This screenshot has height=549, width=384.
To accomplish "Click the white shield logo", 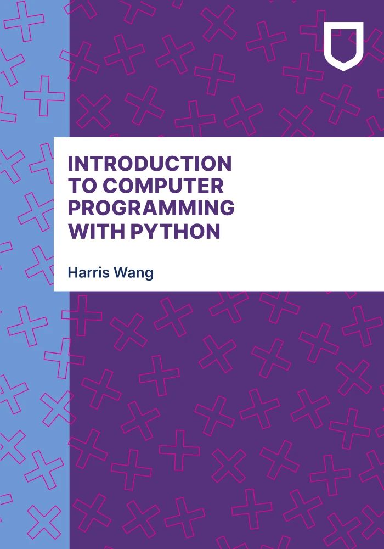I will click(343, 46).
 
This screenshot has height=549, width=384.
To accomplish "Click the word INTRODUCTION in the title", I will click(149, 164).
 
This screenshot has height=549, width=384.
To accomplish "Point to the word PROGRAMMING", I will click(151, 209).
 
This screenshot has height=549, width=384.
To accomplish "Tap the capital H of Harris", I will click(72, 273).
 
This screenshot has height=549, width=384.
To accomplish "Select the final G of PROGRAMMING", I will click(226, 209).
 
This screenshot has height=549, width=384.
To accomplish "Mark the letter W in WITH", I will click(78, 231).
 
